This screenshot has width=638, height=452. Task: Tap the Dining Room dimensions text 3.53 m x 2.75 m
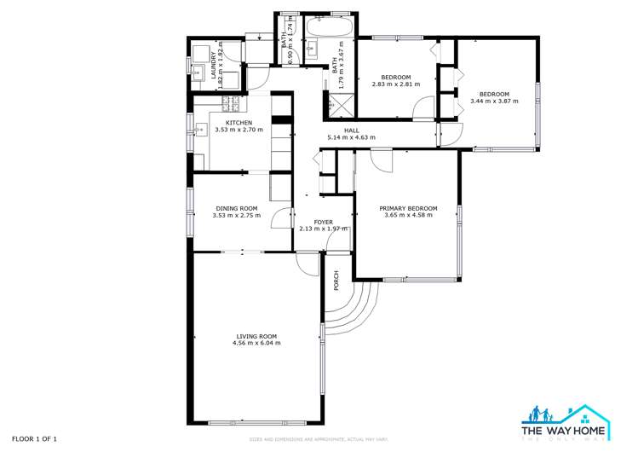[x=237, y=215]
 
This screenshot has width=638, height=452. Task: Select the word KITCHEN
[x=239, y=123]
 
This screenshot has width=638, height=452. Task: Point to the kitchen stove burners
[x=231, y=105]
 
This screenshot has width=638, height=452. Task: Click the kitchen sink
[x=200, y=130]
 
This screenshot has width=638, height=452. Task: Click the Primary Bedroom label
[x=408, y=208]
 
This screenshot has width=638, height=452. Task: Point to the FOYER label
[x=323, y=222]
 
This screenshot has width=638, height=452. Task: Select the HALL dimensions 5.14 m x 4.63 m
[x=351, y=137]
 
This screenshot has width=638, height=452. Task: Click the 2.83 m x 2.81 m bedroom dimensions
[x=397, y=84]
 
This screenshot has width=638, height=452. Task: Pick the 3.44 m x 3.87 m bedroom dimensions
[x=494, y=101]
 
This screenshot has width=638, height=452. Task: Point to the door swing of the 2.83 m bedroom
[x=422, y=109]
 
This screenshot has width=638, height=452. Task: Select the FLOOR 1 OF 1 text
[x=35, y=438]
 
